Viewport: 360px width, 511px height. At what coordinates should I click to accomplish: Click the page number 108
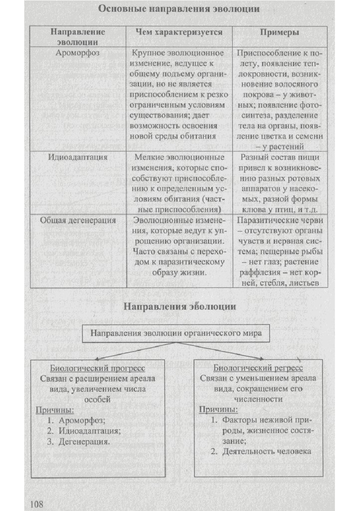tap(37, 503)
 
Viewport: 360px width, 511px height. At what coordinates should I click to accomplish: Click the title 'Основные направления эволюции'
tap(179, 8)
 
